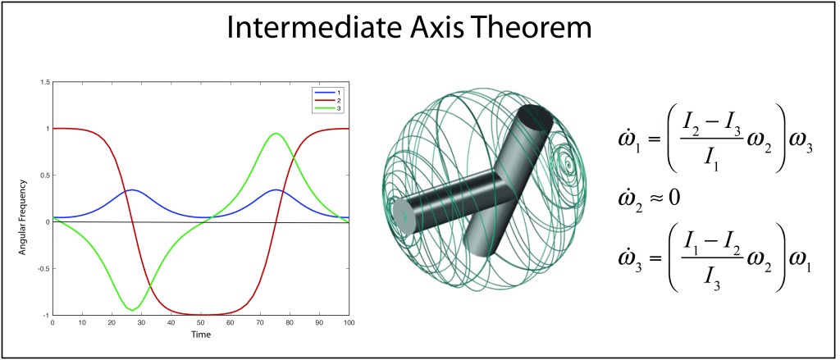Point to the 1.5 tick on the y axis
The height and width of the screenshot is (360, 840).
[45, 82]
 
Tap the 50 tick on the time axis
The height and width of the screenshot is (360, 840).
[201, 324]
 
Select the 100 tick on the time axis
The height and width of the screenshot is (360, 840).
[349, 324]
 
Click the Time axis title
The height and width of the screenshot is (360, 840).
[202, 335]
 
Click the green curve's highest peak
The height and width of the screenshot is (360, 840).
[276, 134]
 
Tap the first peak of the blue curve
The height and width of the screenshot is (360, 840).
[132, 189]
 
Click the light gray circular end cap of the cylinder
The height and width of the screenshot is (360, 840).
[405, 216]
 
